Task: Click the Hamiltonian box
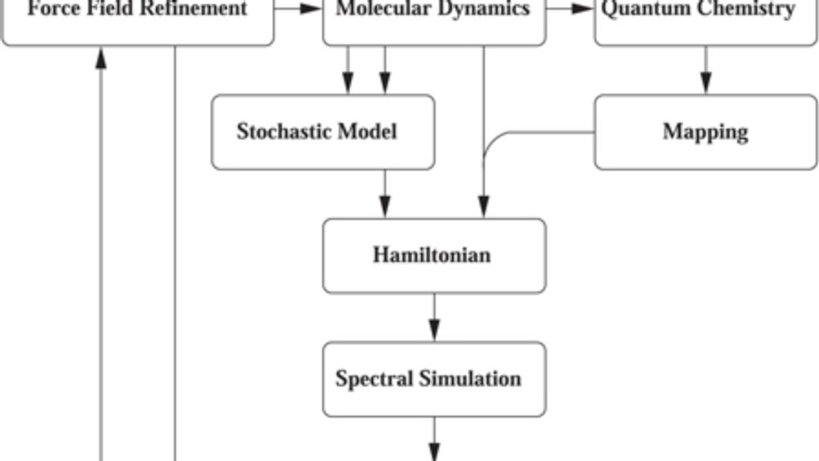pyautogui.click(x=434, y=255)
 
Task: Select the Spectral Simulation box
pyautogui.click(x=434, y=379)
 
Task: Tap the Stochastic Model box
pyautogui.click(x=323, y=132)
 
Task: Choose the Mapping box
pyautogui.click(x=705, y=132)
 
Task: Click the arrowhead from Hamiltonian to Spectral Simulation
pyautogui.click(x=434, y=330)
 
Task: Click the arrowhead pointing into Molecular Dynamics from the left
pyautogui.click(x=311, y=8)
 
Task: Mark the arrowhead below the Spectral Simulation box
pyautogui.click(x=434, y=452)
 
